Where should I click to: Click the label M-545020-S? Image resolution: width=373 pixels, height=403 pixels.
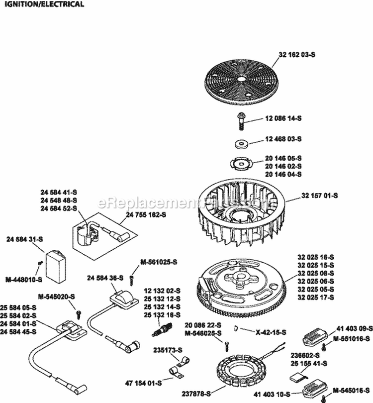58,297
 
